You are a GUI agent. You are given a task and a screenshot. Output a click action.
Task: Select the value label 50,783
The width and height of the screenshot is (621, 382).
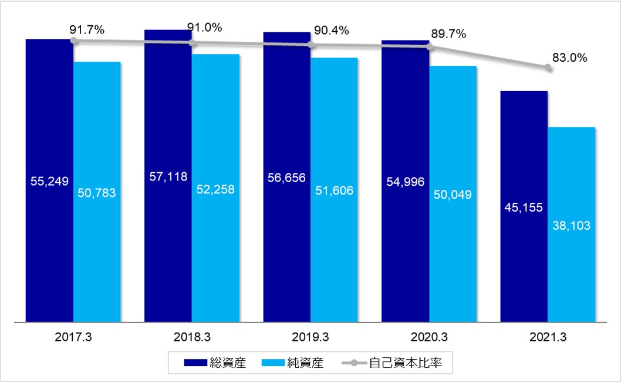pyautogui.click(x=97, y=192)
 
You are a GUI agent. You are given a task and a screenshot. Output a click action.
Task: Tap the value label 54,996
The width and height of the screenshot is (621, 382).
pyautogui.click(x=406, y=180)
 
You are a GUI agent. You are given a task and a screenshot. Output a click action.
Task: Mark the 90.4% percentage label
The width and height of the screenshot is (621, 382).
pyautogui.click(x=331, y=30)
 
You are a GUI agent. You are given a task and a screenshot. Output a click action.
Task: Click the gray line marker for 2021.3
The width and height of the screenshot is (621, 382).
pyautogui.click(x=548, y=68)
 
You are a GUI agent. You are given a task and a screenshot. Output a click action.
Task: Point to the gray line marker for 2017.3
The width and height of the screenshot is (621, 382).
pyautogui.click(x=73, y=41)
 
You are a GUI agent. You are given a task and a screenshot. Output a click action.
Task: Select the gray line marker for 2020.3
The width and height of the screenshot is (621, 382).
pyautogui.click(x=430, y=47)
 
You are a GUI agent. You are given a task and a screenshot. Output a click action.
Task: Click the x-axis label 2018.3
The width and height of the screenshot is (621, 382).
pyautogui.click(x=191, y=338)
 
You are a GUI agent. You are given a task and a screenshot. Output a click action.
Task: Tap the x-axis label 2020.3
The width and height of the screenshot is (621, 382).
pyautogui.click(x=429, y=338)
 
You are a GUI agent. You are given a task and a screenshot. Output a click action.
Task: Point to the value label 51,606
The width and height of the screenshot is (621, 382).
pyautogui.click(x=334, y=191)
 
